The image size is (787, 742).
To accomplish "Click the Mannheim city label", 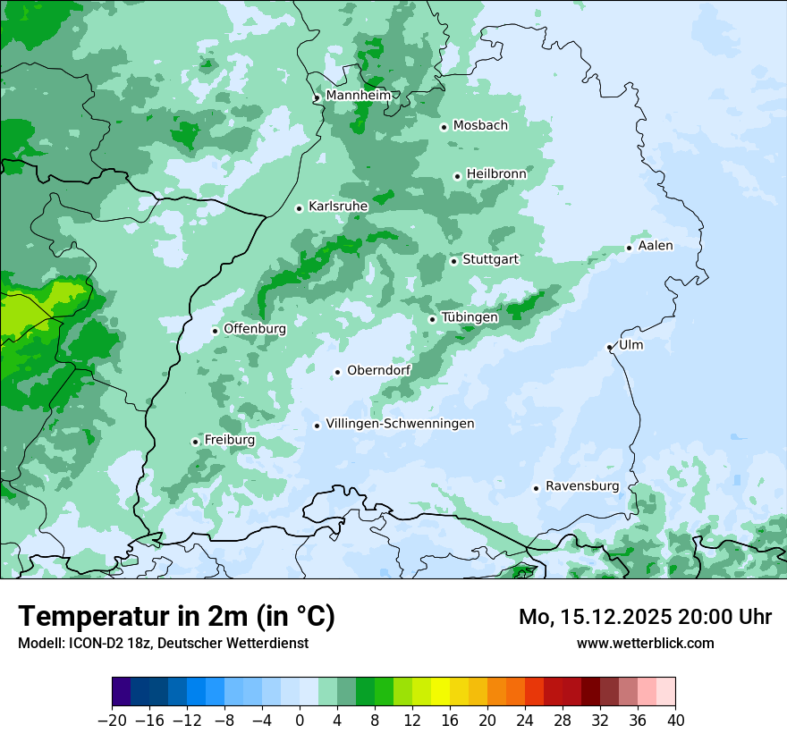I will (x=358, y=95).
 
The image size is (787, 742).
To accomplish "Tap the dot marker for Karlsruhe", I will (x=300, y=208).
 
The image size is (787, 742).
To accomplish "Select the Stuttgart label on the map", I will (x=490, y=259).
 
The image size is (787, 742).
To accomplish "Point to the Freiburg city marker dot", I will (x=195, y=442).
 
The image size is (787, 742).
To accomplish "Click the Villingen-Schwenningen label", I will (x=400, y=424).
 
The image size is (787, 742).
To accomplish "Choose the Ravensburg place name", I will (x=581, y=486).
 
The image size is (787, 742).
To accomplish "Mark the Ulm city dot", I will (x=609, y=347).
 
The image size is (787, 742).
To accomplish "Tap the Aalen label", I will (x=656, y=246).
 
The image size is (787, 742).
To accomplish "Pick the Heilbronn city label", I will (x=495, y=173).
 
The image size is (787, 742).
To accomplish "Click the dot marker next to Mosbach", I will (x=444, y=127).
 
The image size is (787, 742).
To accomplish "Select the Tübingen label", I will (x=470, y=317).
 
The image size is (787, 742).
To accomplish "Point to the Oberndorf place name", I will (x=378, y=370).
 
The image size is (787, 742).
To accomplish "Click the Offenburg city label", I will (x=255, y=329).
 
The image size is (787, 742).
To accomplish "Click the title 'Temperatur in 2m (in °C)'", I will (x=176, y=617).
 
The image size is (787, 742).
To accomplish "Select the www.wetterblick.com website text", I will (x=645, y=643).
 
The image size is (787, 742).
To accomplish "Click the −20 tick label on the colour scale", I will (x=112, y=720).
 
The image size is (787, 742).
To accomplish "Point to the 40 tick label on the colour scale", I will (x=675, y=720).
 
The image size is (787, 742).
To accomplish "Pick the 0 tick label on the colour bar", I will (x=300, y=720).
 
